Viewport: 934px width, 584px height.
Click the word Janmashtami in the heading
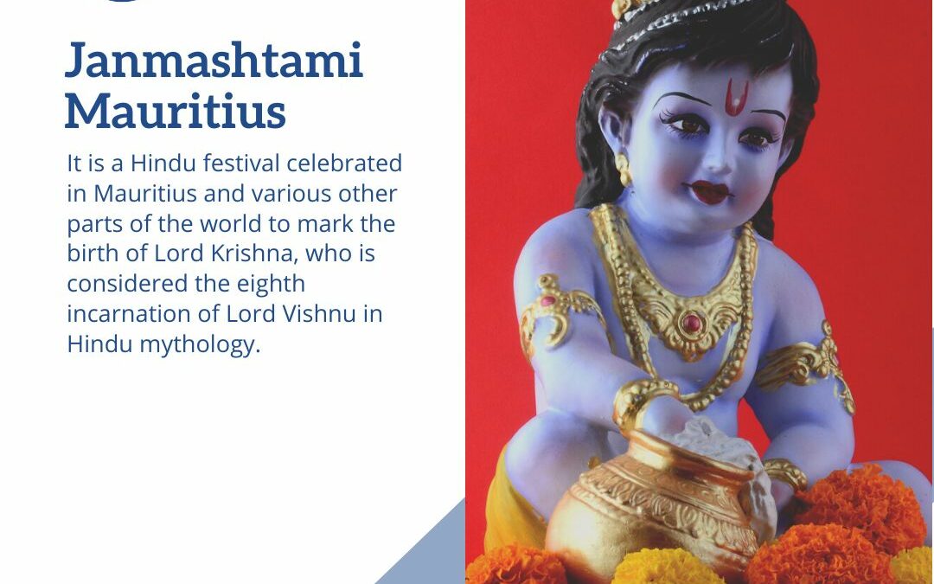click(x=213, y=62)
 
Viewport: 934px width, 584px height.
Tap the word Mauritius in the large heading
click(x=175, y=111)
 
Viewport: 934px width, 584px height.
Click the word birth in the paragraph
click(x=90, y=254)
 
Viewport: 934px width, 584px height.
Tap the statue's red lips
click(x=709, y=191)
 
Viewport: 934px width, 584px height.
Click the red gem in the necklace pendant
click(x=690, y=323)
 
